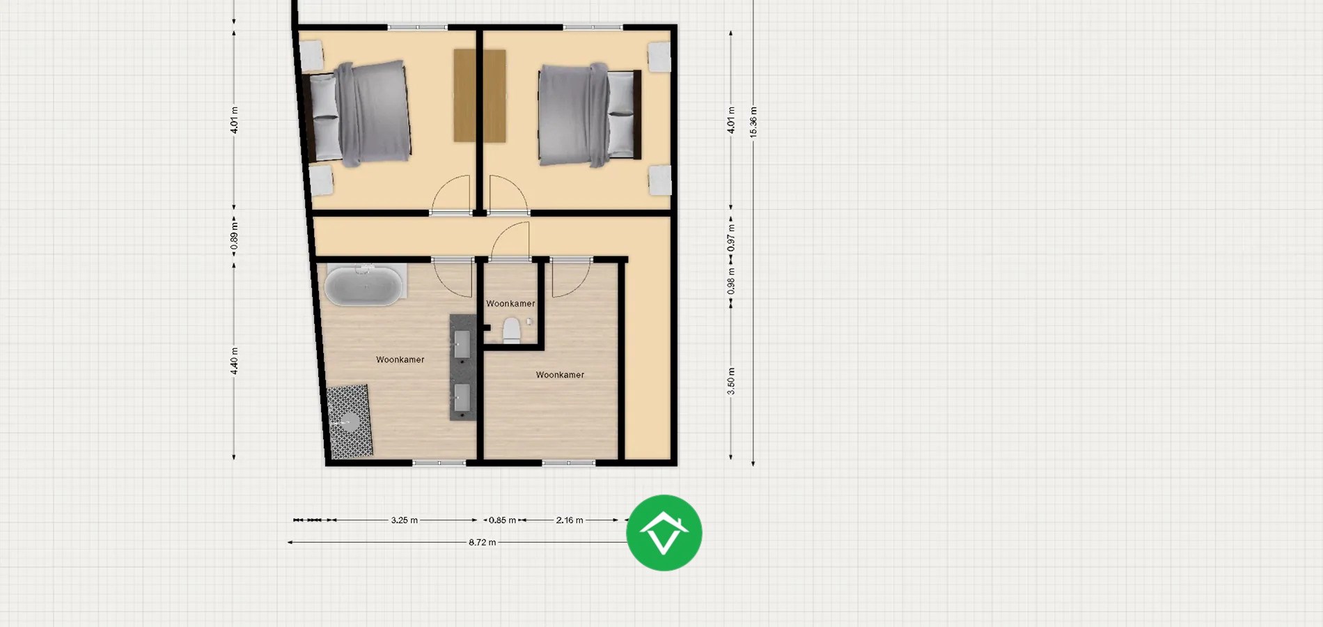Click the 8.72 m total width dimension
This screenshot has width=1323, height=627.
click(x=482, y=542)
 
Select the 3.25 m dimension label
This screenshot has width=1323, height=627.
click(x=404, y=520)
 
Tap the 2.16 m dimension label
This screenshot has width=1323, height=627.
click(x=569, y=520)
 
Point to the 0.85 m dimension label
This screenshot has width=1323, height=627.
click(x=502, y=520)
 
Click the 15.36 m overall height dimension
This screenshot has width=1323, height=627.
click(x=753, y=122)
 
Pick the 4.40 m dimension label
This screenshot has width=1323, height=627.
click(x=235, y=361)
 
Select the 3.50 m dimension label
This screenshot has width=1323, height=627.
click(x=731, y=381)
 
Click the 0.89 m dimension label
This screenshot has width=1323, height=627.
click(x=235, y=236)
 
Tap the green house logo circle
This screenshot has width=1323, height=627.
click(x=664, y=533)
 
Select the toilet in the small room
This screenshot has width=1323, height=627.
click(x=512, y=330)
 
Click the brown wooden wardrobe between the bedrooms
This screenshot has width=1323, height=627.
click(x=479, y=95)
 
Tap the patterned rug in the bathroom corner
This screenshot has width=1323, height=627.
click(x=350, y=421)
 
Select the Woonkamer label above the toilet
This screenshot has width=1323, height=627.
click(x=510, y=304)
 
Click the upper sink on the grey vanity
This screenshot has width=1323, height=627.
click(x=462, y=343)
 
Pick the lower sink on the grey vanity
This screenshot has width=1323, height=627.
click(x=462, y=398)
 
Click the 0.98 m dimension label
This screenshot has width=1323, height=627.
click(x=731, y=281)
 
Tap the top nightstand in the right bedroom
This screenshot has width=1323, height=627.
click(x=659, y=56)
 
